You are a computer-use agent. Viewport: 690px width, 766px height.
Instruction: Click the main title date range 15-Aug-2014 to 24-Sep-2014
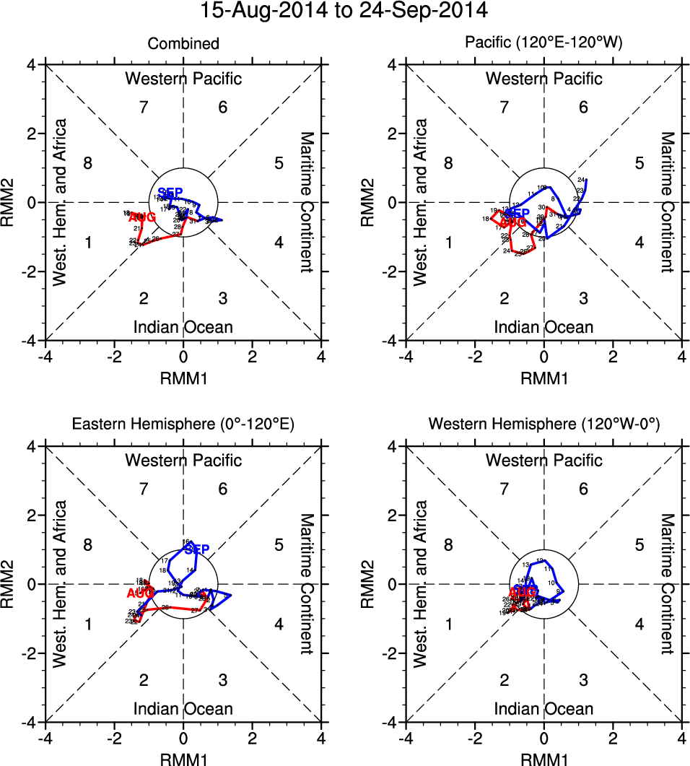(345, 11)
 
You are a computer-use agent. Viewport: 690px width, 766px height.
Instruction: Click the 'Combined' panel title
(183, 44)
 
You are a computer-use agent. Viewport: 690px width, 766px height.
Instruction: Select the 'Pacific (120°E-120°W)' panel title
(543, 44)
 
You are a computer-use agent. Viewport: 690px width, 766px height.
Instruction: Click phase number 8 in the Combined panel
(87, 162)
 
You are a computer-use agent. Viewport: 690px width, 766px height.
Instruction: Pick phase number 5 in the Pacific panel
(639, 162)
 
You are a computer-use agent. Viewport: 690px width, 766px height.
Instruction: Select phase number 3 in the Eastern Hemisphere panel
(223, 679)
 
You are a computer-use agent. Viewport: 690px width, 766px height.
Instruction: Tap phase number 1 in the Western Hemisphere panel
(448, 624)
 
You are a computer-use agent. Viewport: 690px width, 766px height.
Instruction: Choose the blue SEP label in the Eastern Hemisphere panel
(196, 550)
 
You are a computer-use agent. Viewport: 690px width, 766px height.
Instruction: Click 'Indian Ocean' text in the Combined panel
(183, 327)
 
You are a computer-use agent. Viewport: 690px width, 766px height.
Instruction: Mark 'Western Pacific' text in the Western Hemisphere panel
(543, 460)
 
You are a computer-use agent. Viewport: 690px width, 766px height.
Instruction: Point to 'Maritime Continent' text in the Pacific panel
(667, 202)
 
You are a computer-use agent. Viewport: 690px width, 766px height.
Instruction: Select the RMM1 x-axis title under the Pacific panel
(543, 378)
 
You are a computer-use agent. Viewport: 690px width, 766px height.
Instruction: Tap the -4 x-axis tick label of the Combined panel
(45, 357)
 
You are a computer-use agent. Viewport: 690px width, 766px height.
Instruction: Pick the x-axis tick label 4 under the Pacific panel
(682, 357)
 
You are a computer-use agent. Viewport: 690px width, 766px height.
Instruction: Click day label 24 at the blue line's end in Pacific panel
(581, 179)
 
